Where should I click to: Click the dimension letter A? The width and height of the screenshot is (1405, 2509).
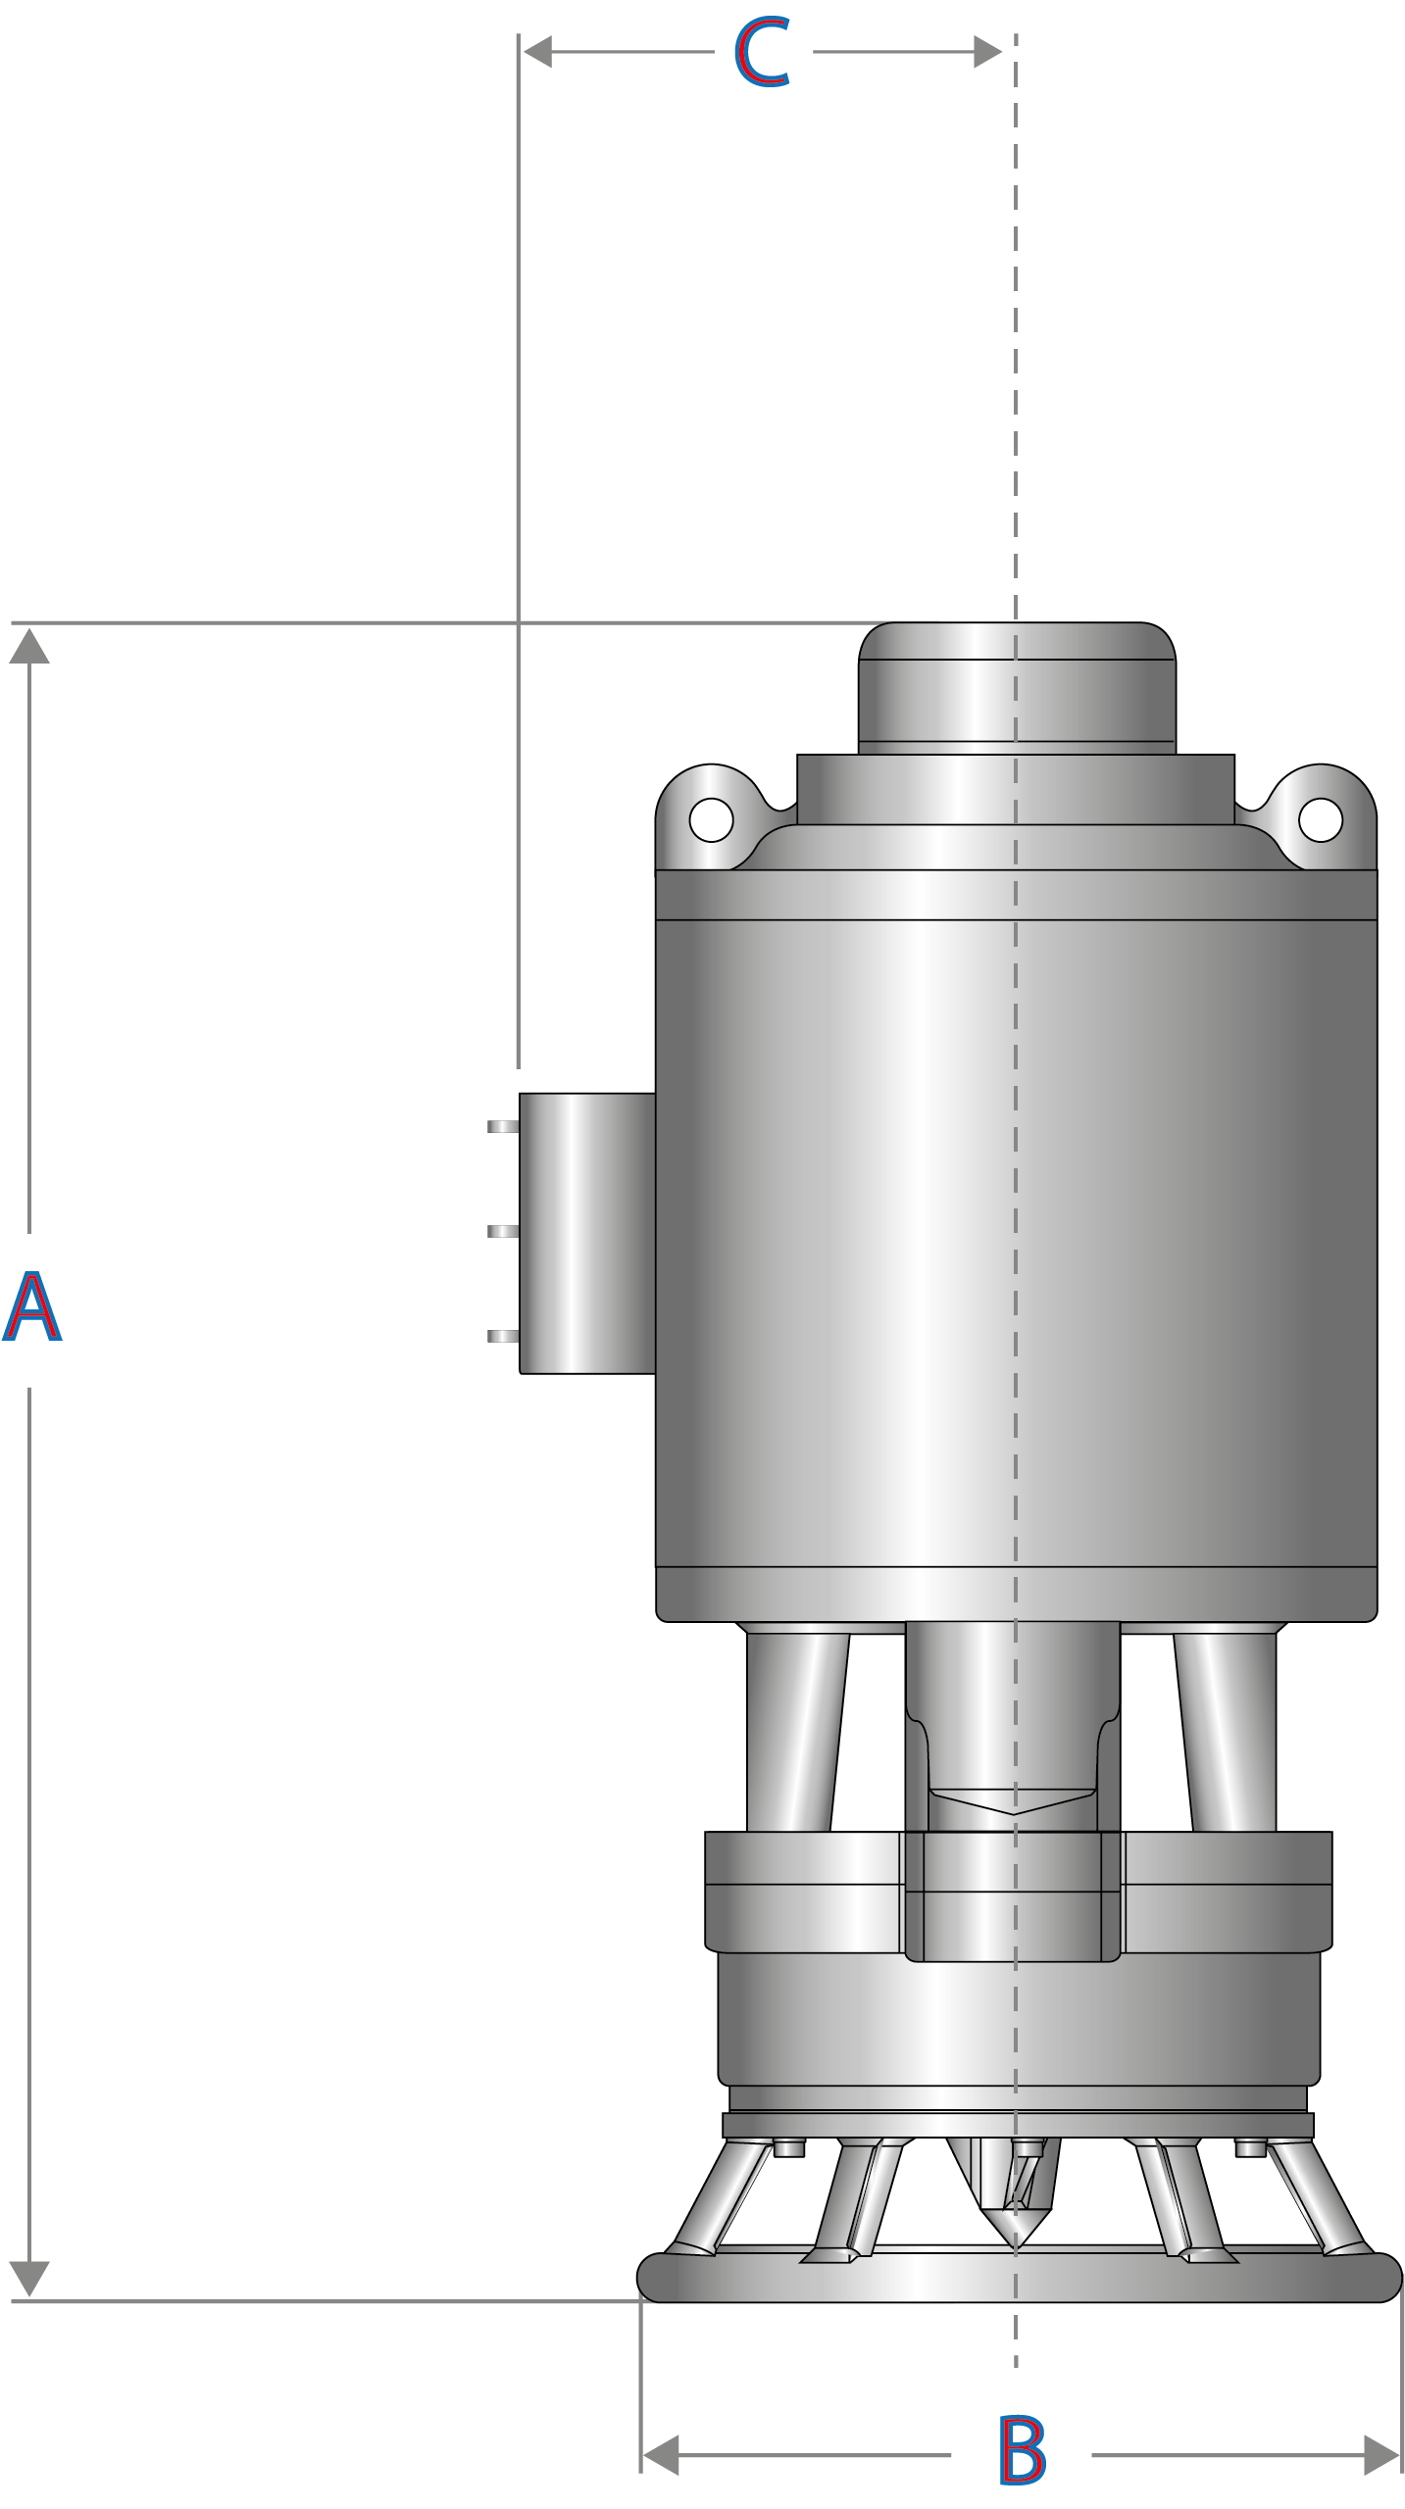(31, 1307)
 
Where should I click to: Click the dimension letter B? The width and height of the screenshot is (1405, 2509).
(1022, 2451)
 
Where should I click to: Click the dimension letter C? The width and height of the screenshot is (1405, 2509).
(762, 53)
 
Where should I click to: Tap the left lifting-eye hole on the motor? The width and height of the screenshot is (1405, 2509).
(711, 819)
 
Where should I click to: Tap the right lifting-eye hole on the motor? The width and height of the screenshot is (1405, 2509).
(1320, 819)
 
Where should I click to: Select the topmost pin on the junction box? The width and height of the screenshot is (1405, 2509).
(502, 1127)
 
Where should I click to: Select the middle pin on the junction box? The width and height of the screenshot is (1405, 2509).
(502, 1232)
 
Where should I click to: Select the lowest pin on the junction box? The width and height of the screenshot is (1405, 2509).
(502, 1337)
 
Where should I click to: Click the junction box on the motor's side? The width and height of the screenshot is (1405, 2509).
(586, 1233)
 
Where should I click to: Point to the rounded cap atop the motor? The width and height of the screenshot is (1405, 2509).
(1017, 686)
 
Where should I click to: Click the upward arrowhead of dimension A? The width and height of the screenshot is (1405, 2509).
(29, 647)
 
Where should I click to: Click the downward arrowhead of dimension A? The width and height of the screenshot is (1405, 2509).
(29, 2279)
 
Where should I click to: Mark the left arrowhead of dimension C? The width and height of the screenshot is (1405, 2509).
(537, 52)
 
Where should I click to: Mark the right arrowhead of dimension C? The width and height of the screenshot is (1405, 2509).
(986, 52)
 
